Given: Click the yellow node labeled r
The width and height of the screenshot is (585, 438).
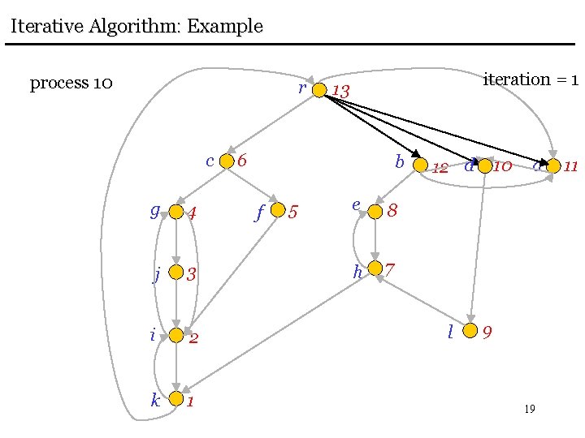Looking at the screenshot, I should pos(319,89).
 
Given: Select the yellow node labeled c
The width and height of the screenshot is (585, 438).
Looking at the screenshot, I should pos(227,161).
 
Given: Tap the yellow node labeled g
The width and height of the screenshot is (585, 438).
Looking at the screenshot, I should pos(175,213).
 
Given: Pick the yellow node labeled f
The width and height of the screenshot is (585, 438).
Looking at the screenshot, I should pos(278,211).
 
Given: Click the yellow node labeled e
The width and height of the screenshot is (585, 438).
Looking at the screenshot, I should pos(375,212).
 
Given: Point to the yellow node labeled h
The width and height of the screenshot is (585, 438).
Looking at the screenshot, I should pos(375,268).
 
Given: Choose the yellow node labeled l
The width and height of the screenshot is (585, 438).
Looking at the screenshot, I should pos(470,331).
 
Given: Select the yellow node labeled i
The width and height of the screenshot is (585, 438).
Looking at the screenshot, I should pos(176,335).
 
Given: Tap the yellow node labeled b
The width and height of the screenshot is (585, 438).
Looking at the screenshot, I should pos(419,165).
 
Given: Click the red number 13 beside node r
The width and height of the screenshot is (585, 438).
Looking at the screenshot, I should pos(340,92).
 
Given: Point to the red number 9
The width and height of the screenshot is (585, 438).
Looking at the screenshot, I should pos(487,333).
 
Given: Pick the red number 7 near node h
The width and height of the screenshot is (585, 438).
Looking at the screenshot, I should pos(390,268).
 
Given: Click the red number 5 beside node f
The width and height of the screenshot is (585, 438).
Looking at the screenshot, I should pos(294,213).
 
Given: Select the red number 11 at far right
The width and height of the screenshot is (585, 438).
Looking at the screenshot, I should pos(570,167).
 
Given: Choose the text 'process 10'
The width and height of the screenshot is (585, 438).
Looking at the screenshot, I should pos(71,84).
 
